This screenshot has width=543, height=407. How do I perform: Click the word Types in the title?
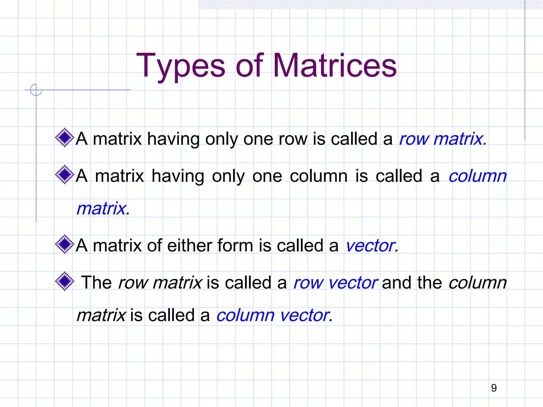[x=181, y=66]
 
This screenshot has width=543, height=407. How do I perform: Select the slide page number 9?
[x=494, y=388]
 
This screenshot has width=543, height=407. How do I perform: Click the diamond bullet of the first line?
[x=64, y=138]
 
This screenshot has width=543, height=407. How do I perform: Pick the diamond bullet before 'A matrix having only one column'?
[x=64, y=175]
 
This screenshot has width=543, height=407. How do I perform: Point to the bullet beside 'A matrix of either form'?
[x=64, y=244]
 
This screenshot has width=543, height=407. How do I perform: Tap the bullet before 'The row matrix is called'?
[x=64, y=281]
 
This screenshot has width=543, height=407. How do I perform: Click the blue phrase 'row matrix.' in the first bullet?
[x=443, y=139]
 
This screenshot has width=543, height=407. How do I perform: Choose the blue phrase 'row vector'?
[x=336, y=283]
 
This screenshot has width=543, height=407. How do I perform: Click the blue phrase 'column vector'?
[x=273, y=315]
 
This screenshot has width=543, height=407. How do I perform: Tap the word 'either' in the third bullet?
[x=189, y=245]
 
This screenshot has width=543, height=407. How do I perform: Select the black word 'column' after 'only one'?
[x=318, y=176]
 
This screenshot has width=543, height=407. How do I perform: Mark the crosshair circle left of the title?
[x=36, y=90]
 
